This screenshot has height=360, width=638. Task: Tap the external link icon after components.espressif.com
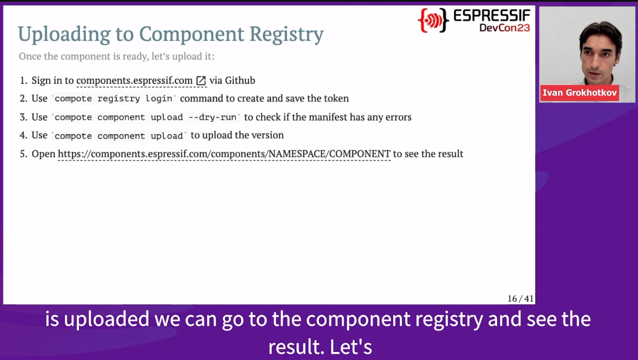click(201, 81)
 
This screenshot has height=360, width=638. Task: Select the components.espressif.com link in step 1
click(135, 81)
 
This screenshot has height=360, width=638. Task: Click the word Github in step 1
click(240, 80)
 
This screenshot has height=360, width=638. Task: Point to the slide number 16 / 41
click(520, 299)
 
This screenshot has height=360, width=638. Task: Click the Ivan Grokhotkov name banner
click(580, 93)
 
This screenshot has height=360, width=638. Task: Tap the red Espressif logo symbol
click(433, 20)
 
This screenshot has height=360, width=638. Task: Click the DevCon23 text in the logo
click(505, 28)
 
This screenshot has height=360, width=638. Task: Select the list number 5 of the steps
click(23, 154)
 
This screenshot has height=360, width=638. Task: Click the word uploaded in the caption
click(107, 319)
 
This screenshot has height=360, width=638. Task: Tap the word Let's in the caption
click(351, 347)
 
